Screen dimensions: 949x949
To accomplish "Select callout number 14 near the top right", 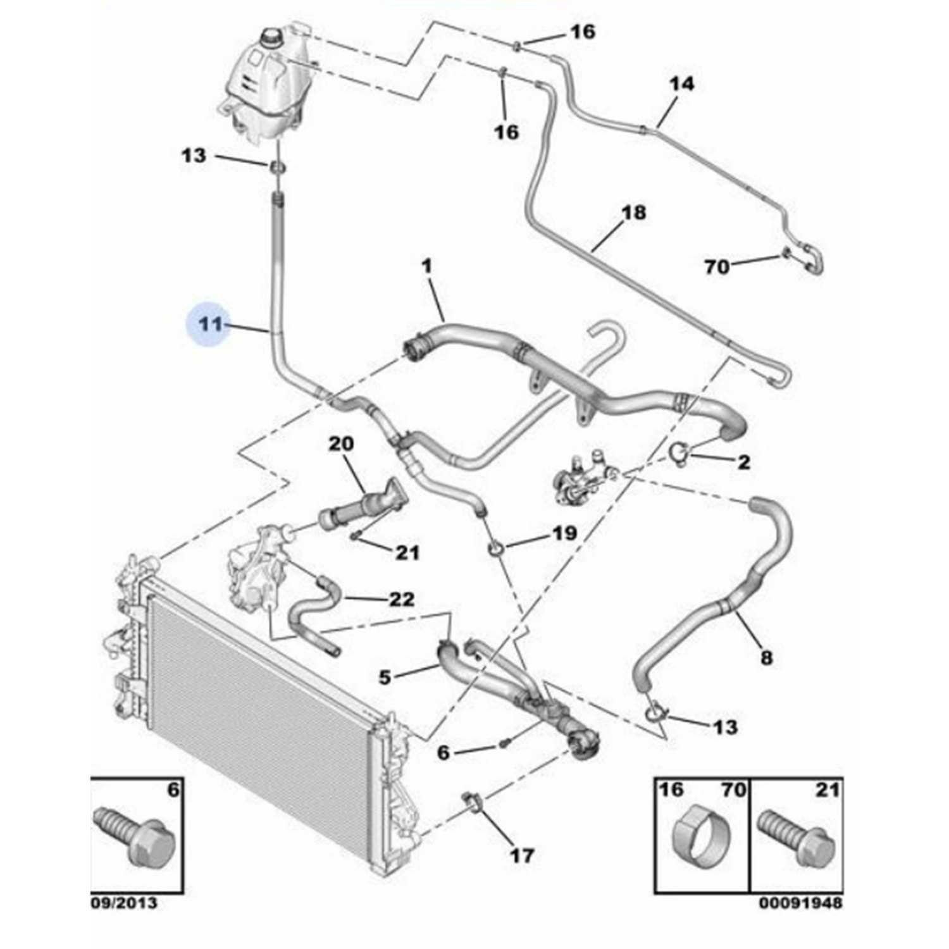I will [x=681, y=84].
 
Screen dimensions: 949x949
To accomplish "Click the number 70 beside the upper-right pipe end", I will [x=717, y=267].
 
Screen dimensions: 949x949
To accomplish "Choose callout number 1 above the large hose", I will [x=427, y=266].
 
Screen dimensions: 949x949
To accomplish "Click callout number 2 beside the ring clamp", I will [x=744, y=462].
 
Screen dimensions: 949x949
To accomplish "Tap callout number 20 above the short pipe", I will [x=341, y=444].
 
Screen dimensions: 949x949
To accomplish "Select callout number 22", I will [x=401, y=599].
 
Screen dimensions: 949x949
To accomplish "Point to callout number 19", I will [x=564, y=533].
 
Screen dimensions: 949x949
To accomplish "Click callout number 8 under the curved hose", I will [x=766, y=658].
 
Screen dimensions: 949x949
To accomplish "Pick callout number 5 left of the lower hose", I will [x=385, y=677].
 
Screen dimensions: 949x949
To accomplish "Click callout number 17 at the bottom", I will [x=521, y=855].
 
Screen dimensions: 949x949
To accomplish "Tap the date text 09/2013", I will [x=124, y=903].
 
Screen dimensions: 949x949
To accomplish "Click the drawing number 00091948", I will [x=801, y=903].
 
